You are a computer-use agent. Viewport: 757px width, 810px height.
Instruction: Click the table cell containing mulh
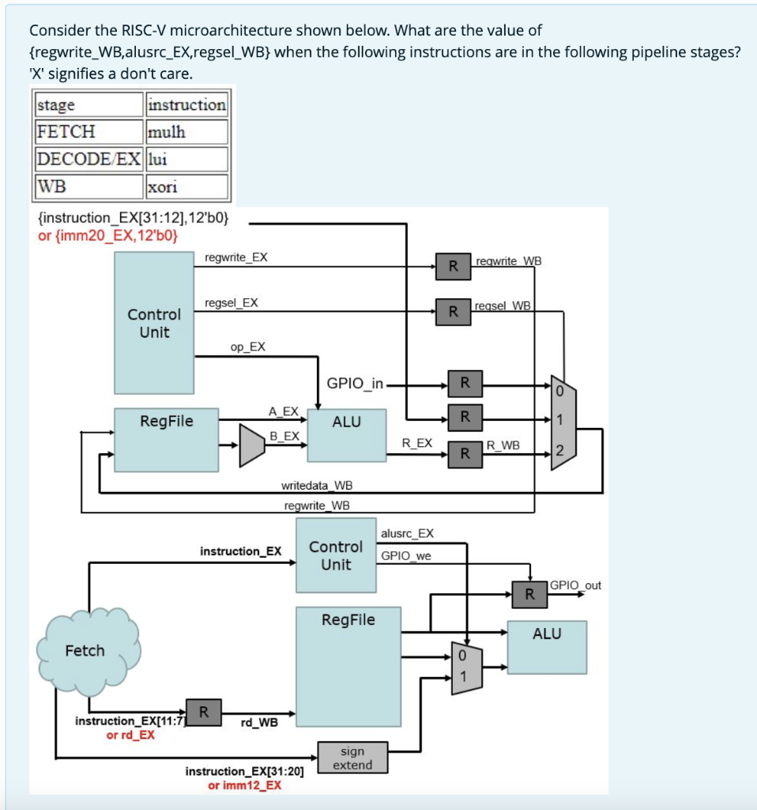pos(186,131)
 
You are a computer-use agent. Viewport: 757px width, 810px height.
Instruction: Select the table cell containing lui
pos(186,158)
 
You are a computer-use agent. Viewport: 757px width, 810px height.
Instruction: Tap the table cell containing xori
pos(186,187)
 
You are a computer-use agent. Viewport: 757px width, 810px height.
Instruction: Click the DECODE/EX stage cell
pos(89,158)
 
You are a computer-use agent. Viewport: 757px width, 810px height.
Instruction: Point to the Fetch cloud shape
pos(85,650)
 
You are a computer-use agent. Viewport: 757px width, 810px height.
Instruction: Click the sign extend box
pos(352,757)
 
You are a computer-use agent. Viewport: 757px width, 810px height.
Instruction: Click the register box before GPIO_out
pos(529,593)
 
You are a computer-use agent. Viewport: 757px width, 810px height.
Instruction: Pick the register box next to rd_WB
pos(203,711)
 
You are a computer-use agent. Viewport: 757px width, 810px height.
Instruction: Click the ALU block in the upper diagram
pos(346,434)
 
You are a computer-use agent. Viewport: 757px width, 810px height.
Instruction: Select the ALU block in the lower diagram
pos(547,646)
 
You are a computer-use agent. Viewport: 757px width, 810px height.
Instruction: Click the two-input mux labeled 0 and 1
pos(465,667)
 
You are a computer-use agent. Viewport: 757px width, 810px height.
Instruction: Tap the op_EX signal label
pos(247,346)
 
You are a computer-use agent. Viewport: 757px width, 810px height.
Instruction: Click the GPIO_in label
pos(355,384)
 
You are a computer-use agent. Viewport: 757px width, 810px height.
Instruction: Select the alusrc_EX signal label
pos(407,533)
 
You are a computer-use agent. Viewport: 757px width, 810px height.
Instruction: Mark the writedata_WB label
pos(317,485)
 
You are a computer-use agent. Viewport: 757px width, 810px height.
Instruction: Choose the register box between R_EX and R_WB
pos(465,453)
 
